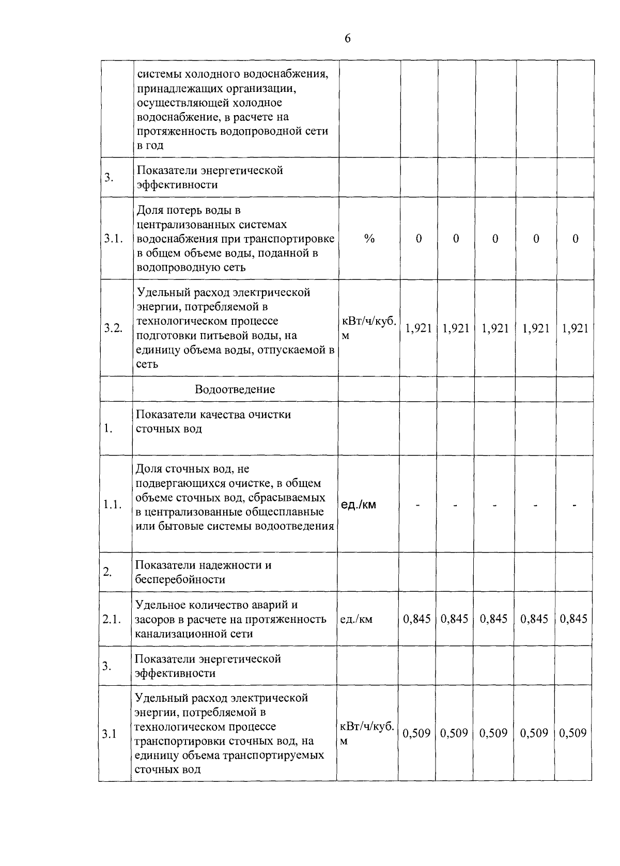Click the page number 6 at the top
[347, 39]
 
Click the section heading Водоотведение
[235, 389]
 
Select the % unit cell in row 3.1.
[369, 239]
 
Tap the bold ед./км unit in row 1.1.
[359, 505]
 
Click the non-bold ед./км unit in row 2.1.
[357, 619]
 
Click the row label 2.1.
[112, 619]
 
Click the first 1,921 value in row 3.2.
[419, 328]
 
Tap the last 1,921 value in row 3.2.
[575, 328]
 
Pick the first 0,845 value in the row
[417, 619]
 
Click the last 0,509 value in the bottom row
[573, 733]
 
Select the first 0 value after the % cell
[419, 239]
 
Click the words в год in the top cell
[150, 146]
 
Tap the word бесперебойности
[180, 579]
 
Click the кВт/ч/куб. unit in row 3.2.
[369, 321]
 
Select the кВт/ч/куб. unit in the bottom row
[366, 727]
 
